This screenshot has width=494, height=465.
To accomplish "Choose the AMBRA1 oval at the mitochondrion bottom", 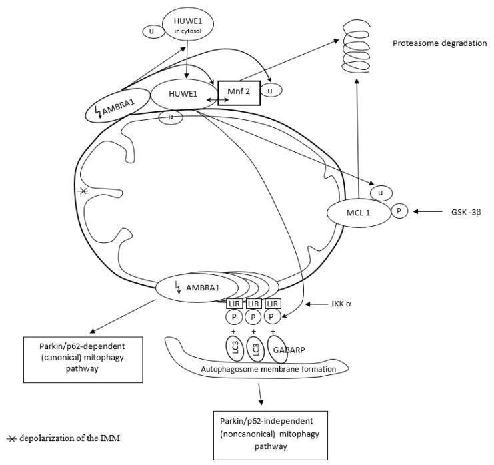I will (x=188, y=288).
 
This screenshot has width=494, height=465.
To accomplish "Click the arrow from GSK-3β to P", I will (x=428, y=212).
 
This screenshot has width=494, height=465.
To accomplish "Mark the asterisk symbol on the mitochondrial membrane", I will (x=82, y=192).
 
